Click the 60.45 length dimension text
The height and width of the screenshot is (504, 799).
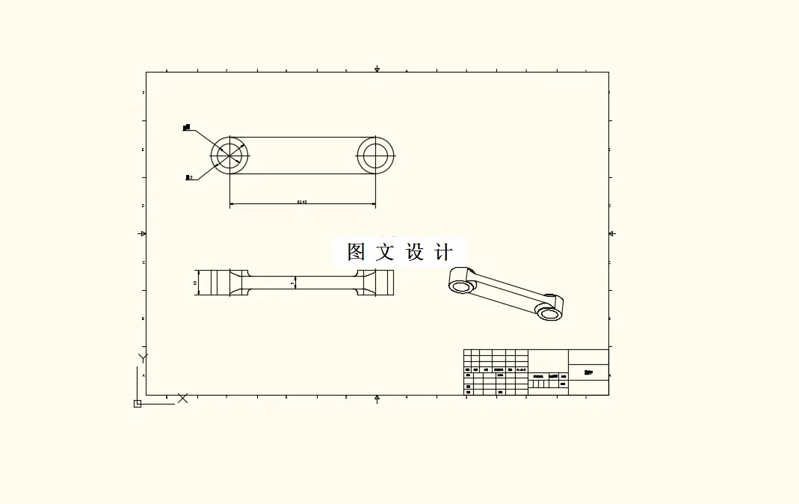[x=302, y=202]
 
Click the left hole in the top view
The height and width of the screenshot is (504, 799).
[x=229, y=156]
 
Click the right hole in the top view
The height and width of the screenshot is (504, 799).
[x=375, y=156]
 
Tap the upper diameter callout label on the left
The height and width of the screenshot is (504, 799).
[x=187, y=129]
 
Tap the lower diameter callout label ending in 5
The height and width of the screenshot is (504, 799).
[x=189, y=177]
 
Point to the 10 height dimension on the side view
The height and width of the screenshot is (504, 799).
[x=195, y=283]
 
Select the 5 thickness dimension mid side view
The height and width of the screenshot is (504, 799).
[x=292, y=283]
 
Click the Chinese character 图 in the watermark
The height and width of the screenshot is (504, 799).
[x=357, y=252]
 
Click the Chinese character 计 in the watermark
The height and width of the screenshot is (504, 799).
[x=443, y=252]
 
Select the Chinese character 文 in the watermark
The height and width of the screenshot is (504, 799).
[x=385, y=252]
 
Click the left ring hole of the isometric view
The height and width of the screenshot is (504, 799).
[x=461, y=286]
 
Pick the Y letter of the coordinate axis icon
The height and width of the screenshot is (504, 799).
[x=143, y=357]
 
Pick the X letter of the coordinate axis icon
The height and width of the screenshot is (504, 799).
[x=182, y=399]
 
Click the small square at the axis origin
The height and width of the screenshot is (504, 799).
[x=138, y=404]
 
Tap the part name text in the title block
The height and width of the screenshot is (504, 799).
[x=588, y=372]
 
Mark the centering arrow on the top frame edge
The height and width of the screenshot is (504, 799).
[x=377, y=70]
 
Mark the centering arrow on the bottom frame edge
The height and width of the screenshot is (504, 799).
[x=377, y=398]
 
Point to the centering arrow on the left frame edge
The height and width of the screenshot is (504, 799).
[x=143, y=233]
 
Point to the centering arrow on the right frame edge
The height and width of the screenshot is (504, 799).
[x=611, y=233]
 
